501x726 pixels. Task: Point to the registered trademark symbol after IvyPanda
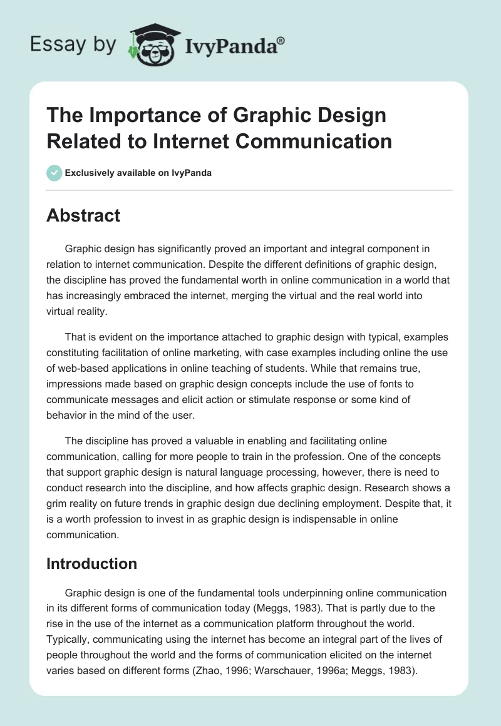pos(281,41)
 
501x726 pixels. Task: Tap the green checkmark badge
pos(54,173)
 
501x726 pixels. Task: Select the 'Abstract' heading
pos(83,215)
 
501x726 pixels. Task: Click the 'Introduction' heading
pos(91,563)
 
